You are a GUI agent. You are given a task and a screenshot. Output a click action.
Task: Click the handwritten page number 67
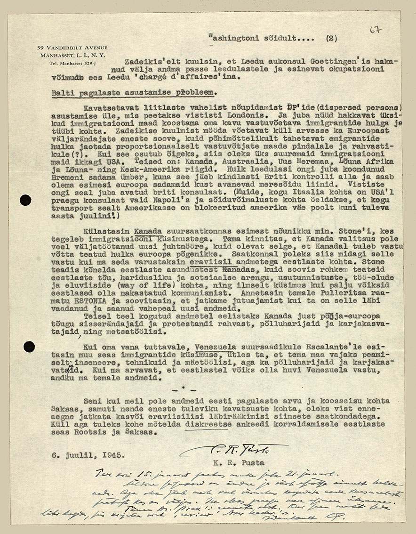tap(375, 30)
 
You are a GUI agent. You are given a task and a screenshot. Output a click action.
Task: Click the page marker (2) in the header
tap(331, 39)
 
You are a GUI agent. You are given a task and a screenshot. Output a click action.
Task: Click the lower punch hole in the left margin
tap(29, 347)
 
